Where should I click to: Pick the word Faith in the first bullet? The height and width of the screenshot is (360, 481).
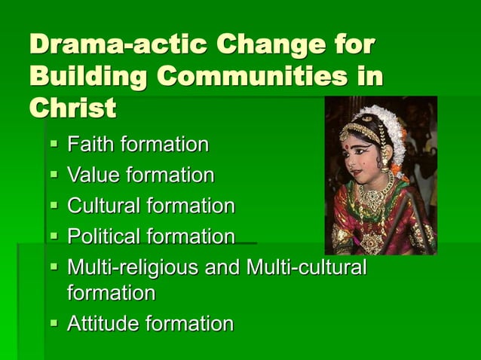[91, 144]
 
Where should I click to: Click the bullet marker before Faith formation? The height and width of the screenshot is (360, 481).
[55, 145]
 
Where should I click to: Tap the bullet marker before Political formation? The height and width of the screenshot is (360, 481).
[55, 237]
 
